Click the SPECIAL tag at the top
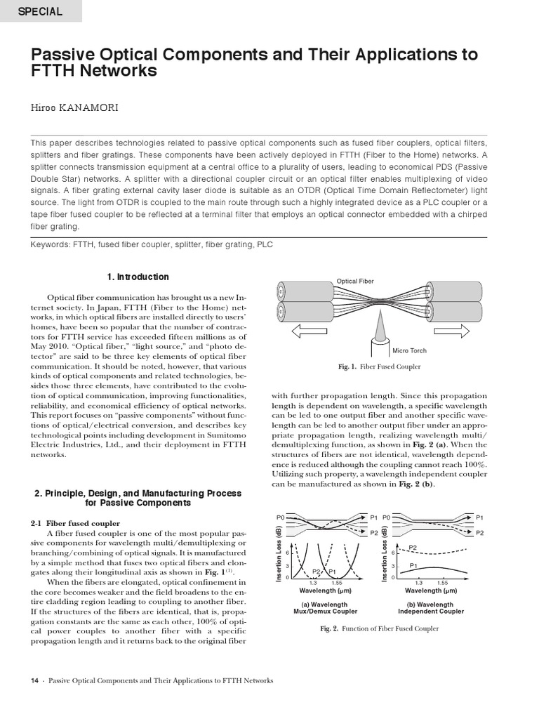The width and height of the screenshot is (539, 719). click(x=40, y=11)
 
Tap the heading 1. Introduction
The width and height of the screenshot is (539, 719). click(x=138, y=277)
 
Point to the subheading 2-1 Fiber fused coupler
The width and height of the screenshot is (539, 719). click(x=75, y=523)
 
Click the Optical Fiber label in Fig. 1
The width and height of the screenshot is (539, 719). click(x=355, y=281)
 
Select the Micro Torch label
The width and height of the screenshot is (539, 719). click(x=409, y=350)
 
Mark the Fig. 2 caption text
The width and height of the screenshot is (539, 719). click(x=379, y=628)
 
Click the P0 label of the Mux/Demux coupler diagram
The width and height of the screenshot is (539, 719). click(x=280, y=517)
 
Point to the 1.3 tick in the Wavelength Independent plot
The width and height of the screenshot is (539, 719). click(x=418, y=583)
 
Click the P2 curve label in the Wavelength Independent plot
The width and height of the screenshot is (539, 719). click(x=413, y=547)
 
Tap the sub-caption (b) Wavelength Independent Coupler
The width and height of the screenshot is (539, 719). click(x=431, y=607)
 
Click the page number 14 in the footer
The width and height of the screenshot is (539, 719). click(x=34, y=680)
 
